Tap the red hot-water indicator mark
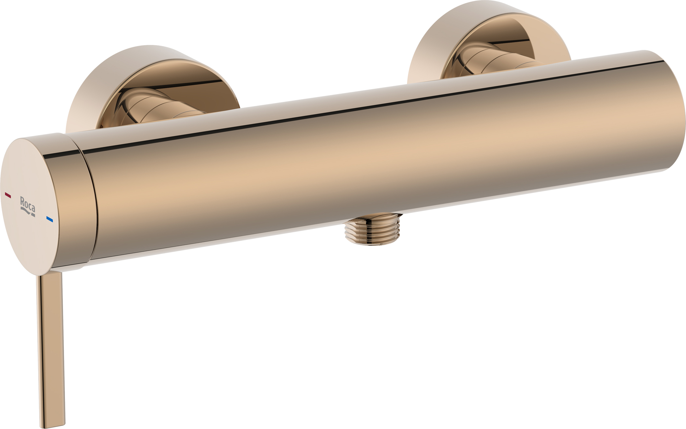[x=8, y=195]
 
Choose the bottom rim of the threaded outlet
[x=373, y=243]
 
